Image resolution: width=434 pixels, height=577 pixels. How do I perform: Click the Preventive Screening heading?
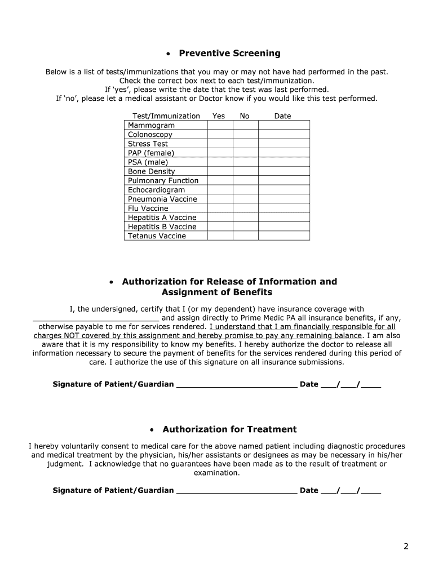[229, 54]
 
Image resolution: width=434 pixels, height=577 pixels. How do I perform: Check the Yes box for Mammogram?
[220, 125]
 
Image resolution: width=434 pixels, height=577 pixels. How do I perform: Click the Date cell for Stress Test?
[284, 144]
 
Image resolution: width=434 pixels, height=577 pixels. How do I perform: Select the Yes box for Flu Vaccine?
[220, 208]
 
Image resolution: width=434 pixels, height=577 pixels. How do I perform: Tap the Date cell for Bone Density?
[284, 171]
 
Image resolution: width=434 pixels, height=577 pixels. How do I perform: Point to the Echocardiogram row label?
[156, 190]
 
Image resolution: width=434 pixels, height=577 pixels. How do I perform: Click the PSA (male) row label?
[148, 162]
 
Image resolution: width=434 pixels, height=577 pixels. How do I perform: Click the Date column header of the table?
[282, 116]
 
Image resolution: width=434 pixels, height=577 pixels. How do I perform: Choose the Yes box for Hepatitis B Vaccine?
[220, 227]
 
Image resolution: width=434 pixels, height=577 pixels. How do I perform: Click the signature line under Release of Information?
[237, 385]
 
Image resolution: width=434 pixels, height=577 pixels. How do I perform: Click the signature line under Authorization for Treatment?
[237, 490]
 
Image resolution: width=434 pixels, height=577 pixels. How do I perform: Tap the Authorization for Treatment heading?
[229, 429]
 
